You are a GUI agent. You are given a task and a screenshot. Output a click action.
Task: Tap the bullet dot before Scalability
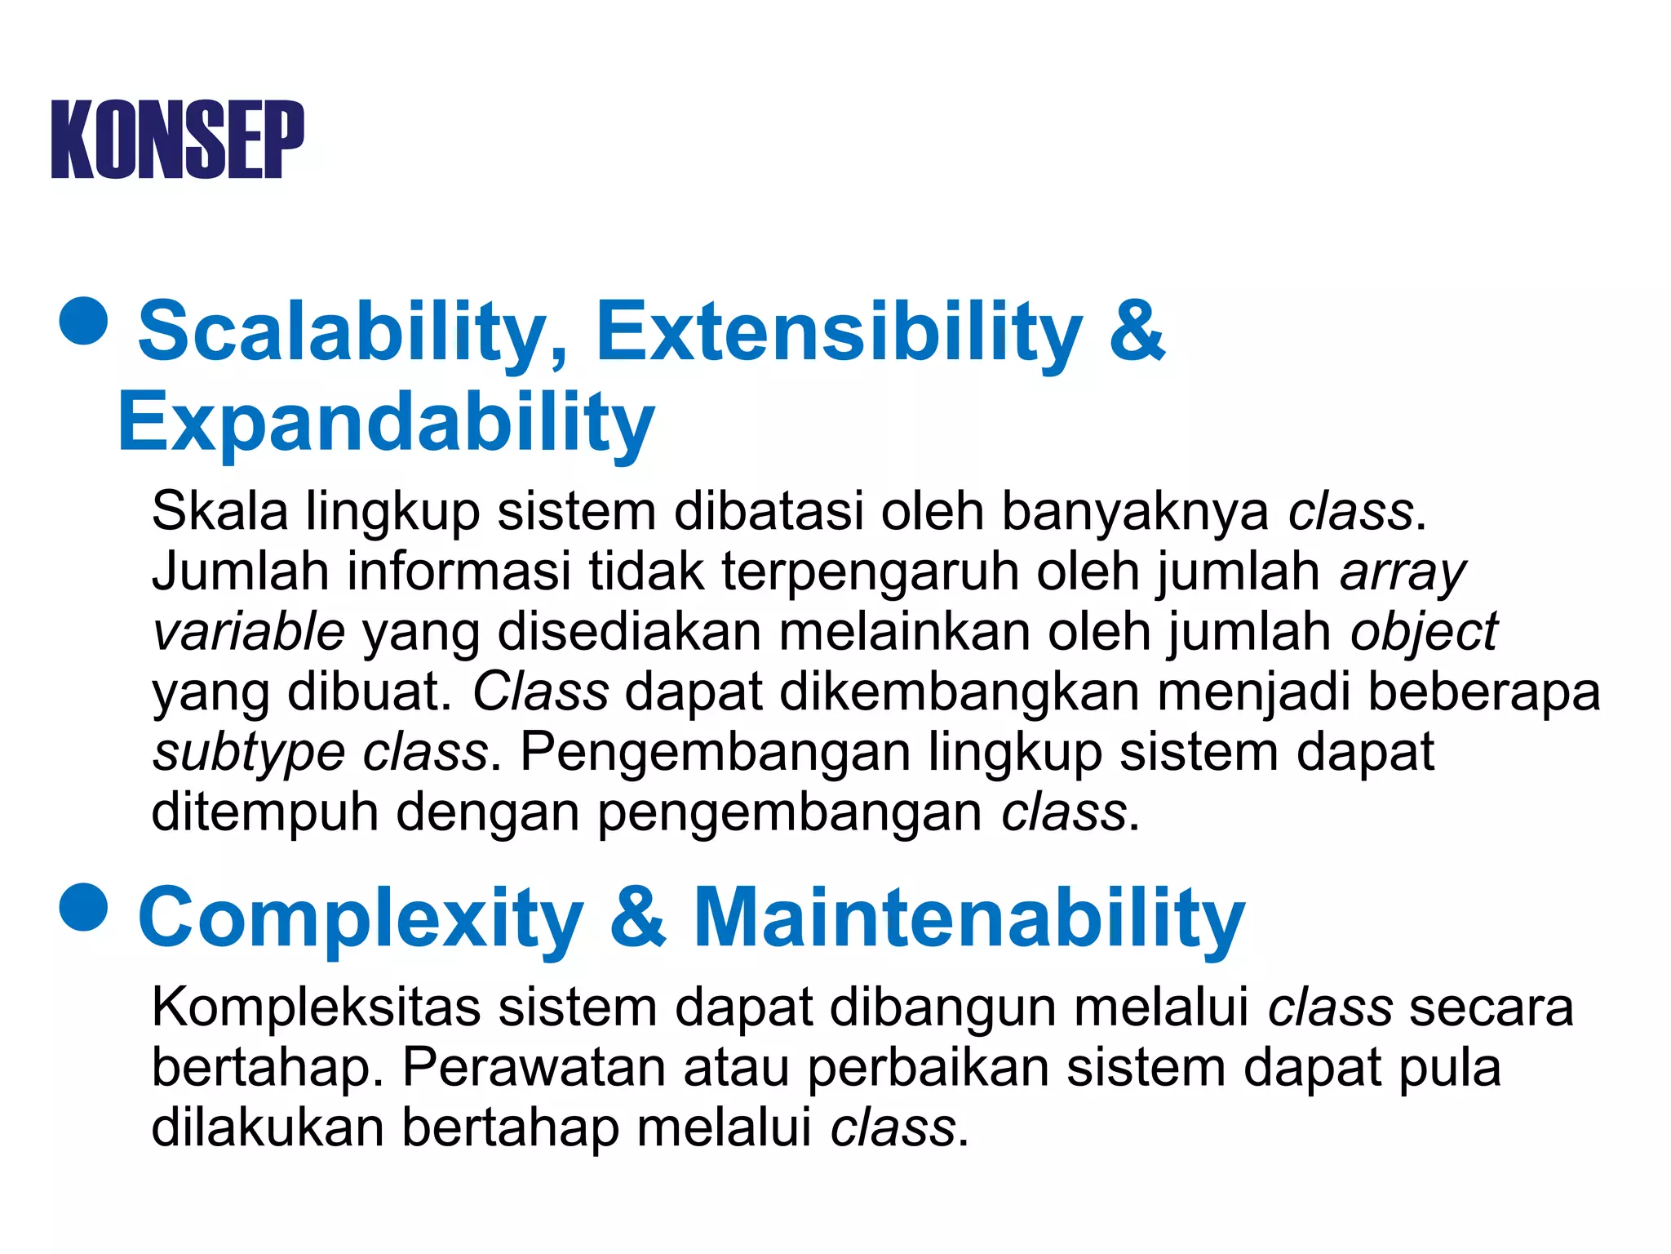click(84, 320)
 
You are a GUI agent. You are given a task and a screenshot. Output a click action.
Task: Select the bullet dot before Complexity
click(84, 906)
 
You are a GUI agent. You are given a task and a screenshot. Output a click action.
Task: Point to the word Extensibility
click(839, 331)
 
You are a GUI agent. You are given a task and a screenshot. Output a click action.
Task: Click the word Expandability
click(386, 423)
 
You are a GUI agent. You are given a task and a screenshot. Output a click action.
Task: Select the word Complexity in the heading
click(361, 918)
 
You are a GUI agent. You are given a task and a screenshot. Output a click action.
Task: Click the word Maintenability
click(969, 918)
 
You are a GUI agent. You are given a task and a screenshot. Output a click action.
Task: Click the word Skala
click(219, 512)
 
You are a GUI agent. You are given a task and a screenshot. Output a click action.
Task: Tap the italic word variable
click(249, 632)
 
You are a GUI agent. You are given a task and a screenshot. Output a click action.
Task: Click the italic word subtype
click(249, 753)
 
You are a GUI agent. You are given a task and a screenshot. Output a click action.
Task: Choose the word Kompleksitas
click(316, 1007)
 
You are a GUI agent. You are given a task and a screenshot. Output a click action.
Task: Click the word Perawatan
click(534, 1067)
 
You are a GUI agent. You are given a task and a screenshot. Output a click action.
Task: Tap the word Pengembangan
click(715, 753)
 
